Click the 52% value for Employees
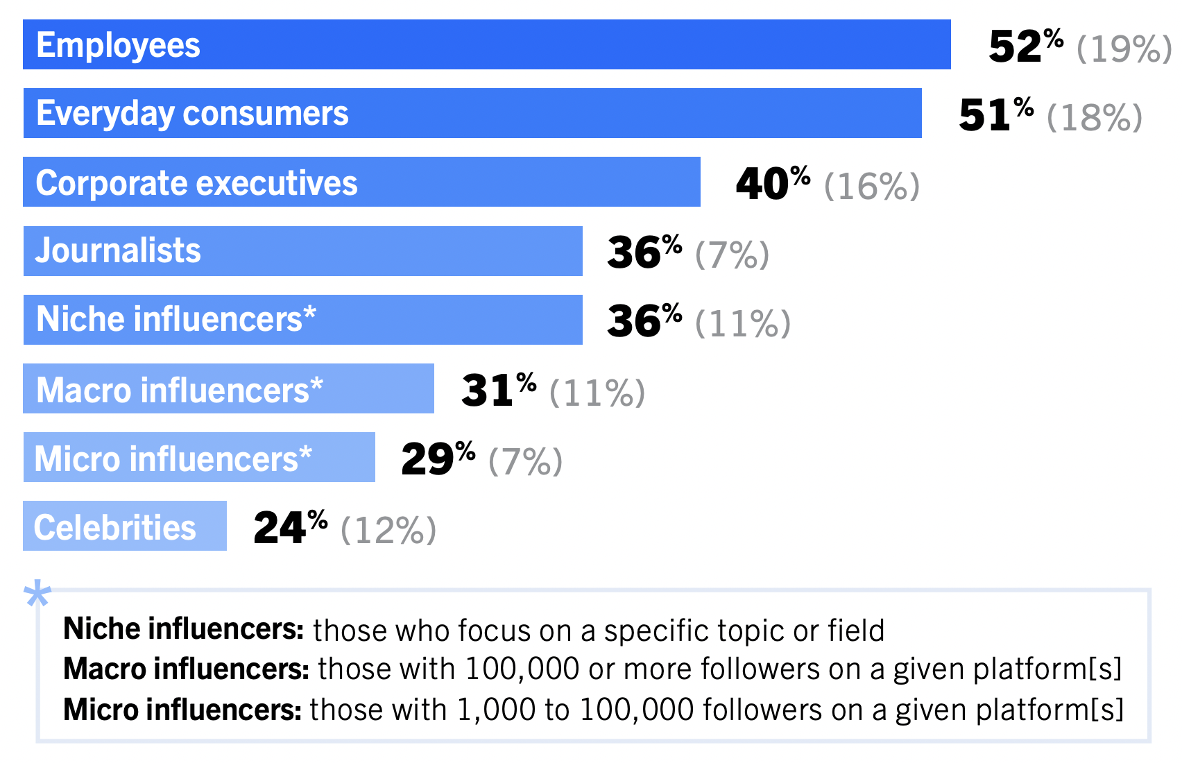[x=1025, y=46]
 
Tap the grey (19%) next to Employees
[x=1124, y=49]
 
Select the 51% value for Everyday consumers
[x=995, y=115]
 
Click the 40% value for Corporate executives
[x=772, y=184]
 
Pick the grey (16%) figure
[x=871, y=187]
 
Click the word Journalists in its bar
[x=118, y=250]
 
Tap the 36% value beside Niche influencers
[x=644, y=321]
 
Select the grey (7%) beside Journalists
[x=732, y=255]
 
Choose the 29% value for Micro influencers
[x=438, y=458]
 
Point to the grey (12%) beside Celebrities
[x=388, y=531]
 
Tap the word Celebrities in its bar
[x=115, y=527]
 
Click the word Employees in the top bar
[x=118, y=45]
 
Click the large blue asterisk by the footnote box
[x=37, y=595]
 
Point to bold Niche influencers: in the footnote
[x=183, y=629]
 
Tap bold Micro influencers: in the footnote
[x=182, y=710]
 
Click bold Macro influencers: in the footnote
[x=186, y=669]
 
